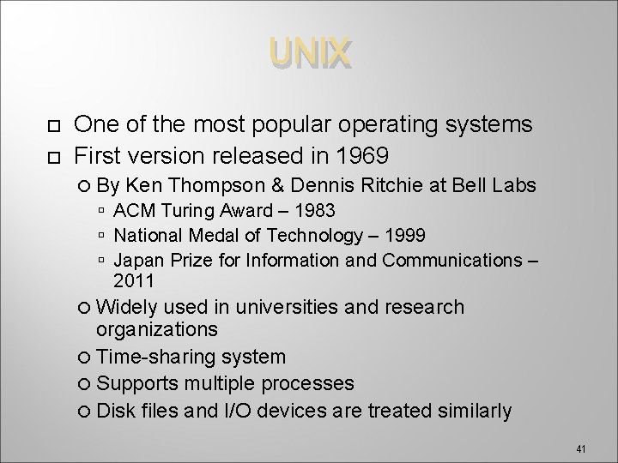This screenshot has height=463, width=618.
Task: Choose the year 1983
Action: (x=310, y=211)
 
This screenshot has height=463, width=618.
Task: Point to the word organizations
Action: (x=157, y=329)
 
